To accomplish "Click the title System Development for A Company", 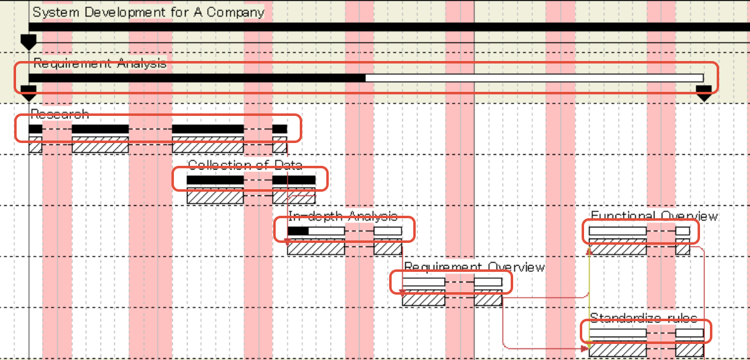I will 148,12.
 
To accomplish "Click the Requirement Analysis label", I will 99,63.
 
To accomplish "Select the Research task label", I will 60,115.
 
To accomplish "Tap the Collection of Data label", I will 245,165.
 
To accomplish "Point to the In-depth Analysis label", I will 342,216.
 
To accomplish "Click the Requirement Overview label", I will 474,267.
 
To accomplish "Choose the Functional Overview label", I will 654,216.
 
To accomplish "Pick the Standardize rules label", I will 643,318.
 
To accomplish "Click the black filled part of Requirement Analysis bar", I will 197,78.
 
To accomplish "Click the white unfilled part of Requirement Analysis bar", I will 534,78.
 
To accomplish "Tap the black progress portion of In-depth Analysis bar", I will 298,231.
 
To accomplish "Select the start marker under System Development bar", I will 28,42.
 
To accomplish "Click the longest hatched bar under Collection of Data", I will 215,197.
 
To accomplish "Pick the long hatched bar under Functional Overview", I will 617,248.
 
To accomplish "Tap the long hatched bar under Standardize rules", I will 617,350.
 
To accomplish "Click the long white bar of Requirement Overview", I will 423,282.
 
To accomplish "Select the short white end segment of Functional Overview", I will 683,231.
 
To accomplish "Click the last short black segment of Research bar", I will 279,129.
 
